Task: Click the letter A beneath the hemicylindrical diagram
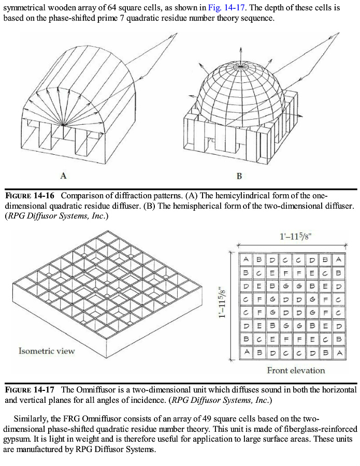63,176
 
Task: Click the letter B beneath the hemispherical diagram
239,176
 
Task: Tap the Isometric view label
47,351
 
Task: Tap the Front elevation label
296,370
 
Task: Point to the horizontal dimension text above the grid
296,237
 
